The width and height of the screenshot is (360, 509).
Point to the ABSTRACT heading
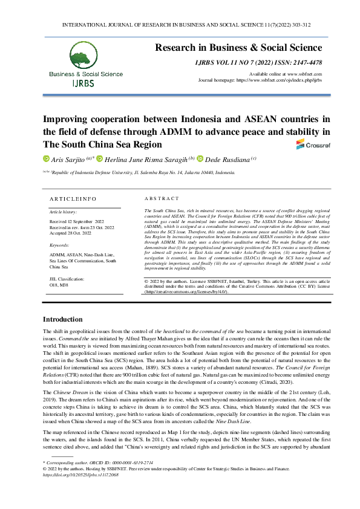point(162,198)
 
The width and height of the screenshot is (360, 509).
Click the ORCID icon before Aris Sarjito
point(46,158)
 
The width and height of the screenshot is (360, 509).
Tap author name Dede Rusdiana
point(237,158)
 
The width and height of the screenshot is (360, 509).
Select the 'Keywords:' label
point(59,245)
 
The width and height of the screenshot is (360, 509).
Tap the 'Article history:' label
point(62,213)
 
